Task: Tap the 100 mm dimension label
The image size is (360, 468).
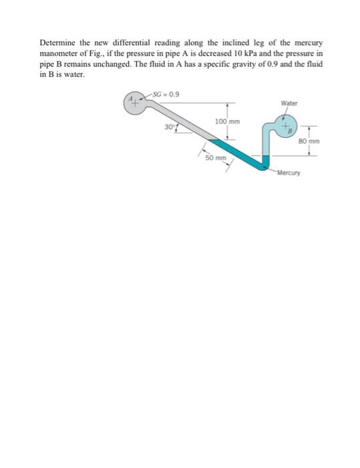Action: [228, 122]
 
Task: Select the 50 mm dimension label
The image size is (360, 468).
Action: [216, 158]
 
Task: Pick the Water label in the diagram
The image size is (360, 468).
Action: [289, 104]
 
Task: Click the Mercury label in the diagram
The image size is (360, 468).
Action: [289, 173]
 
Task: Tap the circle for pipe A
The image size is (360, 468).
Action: [134, 102]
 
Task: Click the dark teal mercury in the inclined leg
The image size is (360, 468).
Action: [234, 152]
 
